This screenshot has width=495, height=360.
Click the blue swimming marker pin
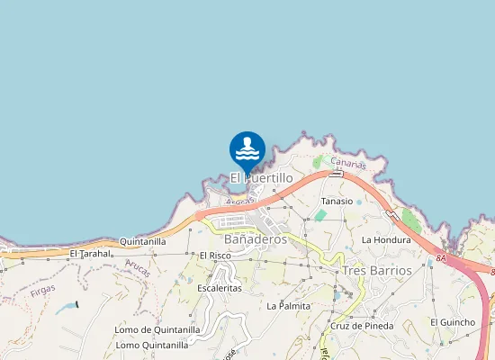[247, 149]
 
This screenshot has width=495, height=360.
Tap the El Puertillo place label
[261, 178]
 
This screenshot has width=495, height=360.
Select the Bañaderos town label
[255, 239]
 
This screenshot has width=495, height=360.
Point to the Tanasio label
[337, 202]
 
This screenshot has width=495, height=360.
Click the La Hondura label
[385, 240]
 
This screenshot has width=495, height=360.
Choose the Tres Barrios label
[377, 270]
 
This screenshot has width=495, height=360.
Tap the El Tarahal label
[90, 254]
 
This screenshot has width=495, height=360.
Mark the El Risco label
[215, 256]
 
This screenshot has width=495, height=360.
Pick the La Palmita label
[288, 306]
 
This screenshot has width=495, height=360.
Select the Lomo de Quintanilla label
[157, 329]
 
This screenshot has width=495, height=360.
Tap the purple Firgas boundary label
[41, 290]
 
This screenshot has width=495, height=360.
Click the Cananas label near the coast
[348, 164]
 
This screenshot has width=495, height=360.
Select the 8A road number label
[440, 258]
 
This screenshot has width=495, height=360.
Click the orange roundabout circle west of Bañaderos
[199, 216]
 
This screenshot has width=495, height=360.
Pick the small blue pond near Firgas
[66, 308]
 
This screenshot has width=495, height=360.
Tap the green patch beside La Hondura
[411, 220]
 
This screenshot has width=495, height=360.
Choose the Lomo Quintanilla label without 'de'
[152, 345]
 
